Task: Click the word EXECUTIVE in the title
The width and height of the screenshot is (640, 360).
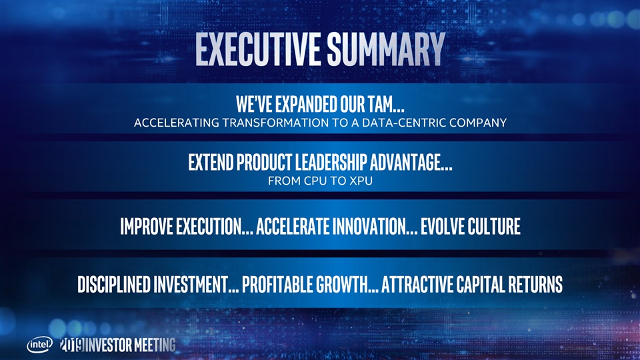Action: pos(257,49)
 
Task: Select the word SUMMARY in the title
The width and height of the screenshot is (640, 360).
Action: pos(386,49)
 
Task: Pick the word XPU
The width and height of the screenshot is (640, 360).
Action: pos(361,181)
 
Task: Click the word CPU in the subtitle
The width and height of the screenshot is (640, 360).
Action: pos(316,181)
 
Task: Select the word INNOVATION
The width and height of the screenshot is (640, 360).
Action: pos(375,227)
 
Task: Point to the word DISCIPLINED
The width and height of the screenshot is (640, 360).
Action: pos(114,285)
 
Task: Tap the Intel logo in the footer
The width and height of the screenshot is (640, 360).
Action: pos(39,345)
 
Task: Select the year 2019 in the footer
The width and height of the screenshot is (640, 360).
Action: pos(72,345)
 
